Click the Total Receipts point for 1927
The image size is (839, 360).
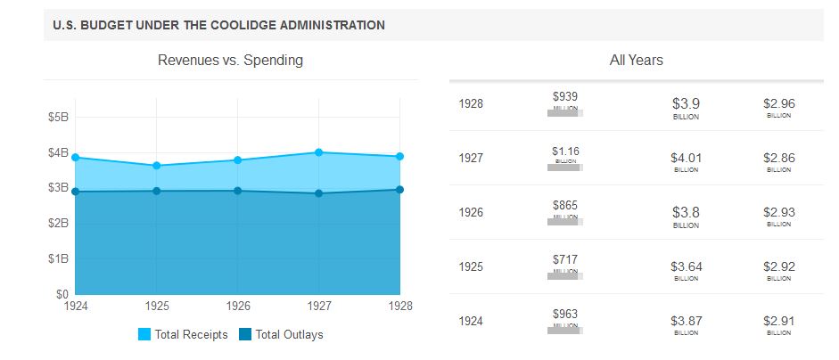tap(319, 152)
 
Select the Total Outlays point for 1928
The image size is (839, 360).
tap(400, 189)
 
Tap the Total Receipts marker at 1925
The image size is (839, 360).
tap(157, 166)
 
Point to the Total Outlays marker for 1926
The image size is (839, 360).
tap(238, 191)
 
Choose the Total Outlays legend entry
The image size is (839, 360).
tap(282, 335)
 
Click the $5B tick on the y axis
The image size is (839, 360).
tap(57, 117)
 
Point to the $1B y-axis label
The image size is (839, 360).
tap(57, 258)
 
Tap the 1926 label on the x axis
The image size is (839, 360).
tap(238, 307)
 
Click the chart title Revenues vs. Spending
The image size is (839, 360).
tap(230, 61)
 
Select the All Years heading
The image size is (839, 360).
tap(636, 61)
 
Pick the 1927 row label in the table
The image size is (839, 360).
tap(471, 158)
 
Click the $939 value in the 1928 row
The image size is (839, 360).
tap(565, 96)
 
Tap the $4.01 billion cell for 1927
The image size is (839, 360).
tap(686, 159)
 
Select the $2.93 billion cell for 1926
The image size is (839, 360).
tap(778, 213)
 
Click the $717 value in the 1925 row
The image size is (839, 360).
tap(565, 259)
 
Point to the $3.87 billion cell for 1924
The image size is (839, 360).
tap(686, 322)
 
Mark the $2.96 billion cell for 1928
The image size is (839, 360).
tap(778, 104)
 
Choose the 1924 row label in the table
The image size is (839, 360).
tap(471, 321)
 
